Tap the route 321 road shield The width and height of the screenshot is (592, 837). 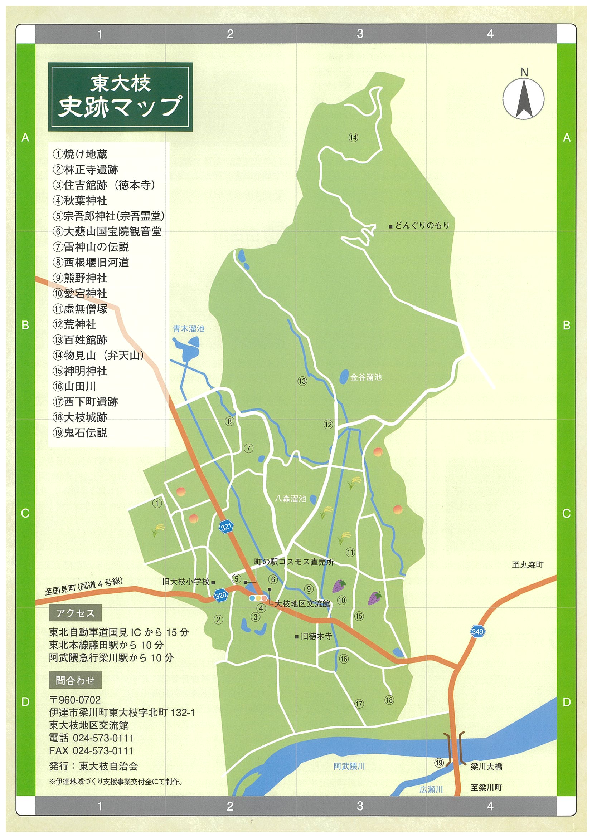pos(226,527)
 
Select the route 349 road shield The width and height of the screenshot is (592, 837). pos(477,631)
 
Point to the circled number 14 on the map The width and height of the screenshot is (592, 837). pos(353,137)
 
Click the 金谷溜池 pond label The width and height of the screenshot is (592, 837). pos(366,377)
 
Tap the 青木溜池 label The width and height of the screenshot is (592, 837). pos(189,328)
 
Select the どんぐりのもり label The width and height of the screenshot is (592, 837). pos(422,225)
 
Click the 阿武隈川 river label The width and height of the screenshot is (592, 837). pos(349,766)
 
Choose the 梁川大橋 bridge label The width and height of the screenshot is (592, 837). pos(486,766)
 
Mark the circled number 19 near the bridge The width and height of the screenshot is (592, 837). pos(439,763)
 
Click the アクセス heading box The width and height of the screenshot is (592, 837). pos(75,613)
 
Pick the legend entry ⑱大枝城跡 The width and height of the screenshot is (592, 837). pos(80,417)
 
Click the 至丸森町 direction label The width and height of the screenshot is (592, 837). pos(528,565)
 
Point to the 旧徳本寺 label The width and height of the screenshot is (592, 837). pos(316,636)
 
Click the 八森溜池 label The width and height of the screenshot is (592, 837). pos(290,498)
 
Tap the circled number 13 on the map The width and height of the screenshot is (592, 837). pos(302,381)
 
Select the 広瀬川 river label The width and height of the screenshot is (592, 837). pos(431,789)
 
